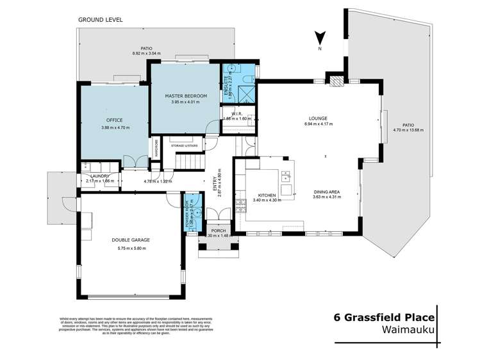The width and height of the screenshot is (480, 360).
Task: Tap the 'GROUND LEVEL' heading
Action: [x=100, y=20]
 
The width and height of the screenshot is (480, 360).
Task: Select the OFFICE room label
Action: [x=115, y=120]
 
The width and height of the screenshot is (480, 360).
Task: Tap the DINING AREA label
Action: [x=327, y=192]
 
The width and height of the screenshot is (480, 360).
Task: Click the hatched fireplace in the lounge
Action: [x=336, y=81]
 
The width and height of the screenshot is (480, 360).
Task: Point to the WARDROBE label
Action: [x=155, y=149]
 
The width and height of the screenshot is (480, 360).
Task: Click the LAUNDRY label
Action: [x=97, y=176]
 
